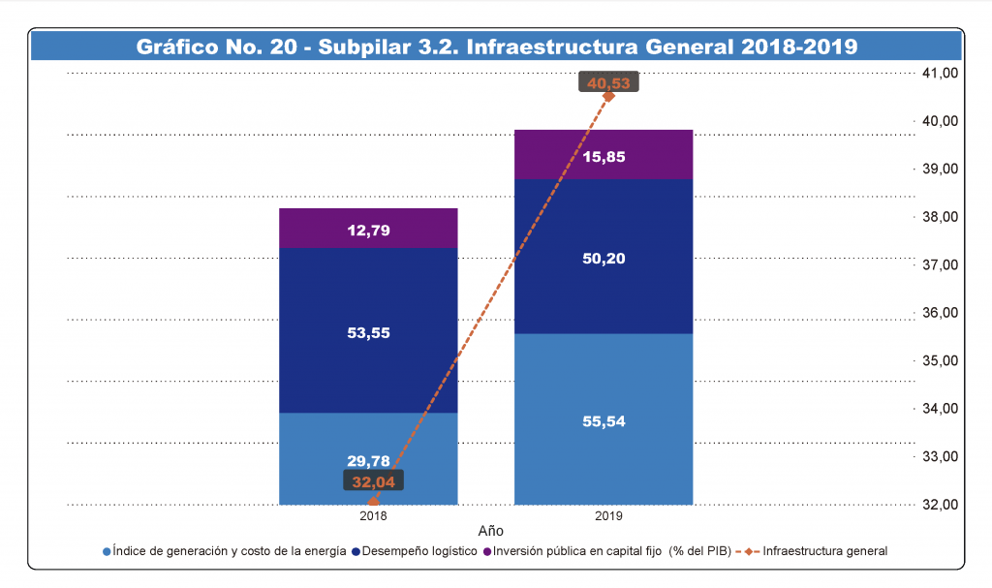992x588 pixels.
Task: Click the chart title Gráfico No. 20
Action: [496, 46]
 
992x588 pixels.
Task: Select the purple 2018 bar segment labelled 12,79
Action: [368, 229]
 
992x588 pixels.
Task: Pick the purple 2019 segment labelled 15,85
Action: [603, 155]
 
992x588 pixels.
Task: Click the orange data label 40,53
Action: [608, 83]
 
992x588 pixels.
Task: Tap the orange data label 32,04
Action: [373, 480]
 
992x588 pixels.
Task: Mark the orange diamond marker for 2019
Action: [608, 96]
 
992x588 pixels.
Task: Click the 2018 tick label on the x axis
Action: [373, 517]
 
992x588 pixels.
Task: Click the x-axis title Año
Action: [491, 532]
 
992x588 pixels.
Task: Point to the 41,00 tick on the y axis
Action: [937, 73]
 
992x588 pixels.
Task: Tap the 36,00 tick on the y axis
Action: [937, 313]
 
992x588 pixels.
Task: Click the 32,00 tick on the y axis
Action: [937, 505]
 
